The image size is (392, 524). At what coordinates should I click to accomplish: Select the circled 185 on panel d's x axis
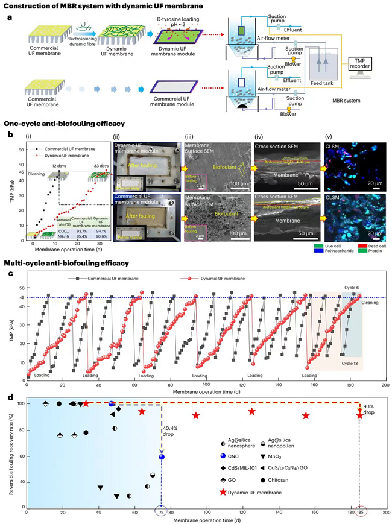click(359, 512)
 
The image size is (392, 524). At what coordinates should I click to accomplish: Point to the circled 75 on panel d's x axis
click(162, 512)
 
